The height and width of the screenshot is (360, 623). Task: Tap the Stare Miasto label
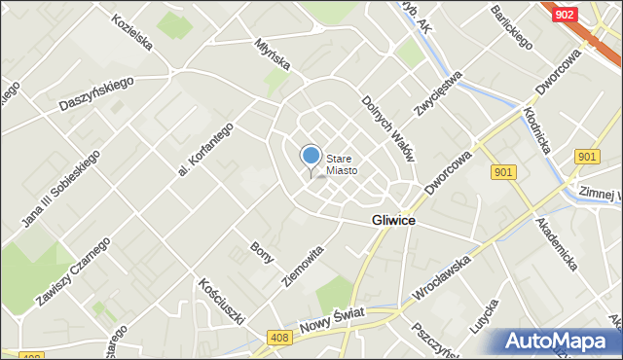[x=342, y=164]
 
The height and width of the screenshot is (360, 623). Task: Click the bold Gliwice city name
[x=394, y=221]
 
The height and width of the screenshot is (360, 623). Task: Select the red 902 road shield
[x=564, y=15]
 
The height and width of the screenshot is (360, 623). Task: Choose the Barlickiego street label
[x=511, y=29]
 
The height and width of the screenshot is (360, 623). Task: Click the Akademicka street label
[x=558, y=243]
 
